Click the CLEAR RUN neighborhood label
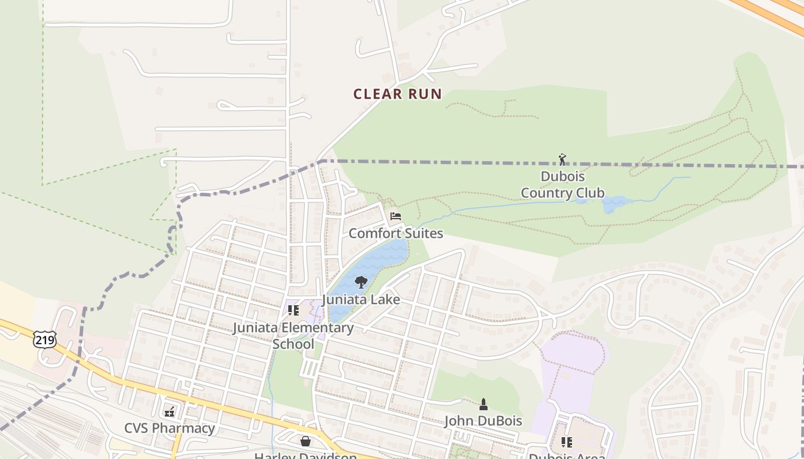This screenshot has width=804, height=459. click(x=397, y=94)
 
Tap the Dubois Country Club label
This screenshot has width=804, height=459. click(x=562, y=185)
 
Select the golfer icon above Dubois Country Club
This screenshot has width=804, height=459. click(x=562, y=159)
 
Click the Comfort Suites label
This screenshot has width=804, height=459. click(x=396, y=234)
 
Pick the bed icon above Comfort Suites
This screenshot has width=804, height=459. click(x=395, y=216)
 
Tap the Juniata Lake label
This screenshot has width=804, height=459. click(x=361, y=299)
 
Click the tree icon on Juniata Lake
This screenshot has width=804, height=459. click(x=361, y=282)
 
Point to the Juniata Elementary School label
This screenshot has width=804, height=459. click(x=293, y=336)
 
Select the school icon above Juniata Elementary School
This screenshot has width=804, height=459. click(x=293, y=310)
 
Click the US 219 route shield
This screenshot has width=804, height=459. click(x=44, y=340)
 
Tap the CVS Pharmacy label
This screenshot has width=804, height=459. click(x=169, y=429)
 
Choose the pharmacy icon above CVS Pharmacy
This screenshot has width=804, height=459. click(x=169, y=411)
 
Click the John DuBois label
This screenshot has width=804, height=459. click(x=483, y=421)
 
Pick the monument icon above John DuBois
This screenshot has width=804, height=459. click(x=483, y=404)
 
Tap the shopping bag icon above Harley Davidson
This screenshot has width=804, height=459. click(x=306, y=441)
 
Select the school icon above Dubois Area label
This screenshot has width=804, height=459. click(x=566, y=442)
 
